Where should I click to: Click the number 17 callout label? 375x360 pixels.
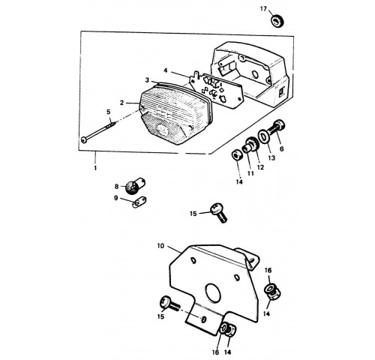[263, 9]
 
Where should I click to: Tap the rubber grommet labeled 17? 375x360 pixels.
[277, 20]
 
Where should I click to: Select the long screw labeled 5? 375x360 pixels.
[98, 131]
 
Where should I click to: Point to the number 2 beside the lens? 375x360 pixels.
[121, 103]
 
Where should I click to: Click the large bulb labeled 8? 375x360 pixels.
[135, 186]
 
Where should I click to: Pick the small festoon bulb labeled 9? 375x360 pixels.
[139, 202]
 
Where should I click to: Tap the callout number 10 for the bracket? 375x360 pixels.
[160, 246]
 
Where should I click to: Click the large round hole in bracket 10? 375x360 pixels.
[213, 293]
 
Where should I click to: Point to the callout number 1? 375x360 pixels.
[95, 168]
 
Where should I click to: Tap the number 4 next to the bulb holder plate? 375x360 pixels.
[166, 70]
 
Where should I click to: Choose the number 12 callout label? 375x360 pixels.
[260, 167]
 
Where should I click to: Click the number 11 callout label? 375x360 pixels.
[250, 173]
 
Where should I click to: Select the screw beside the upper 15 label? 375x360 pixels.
[218, 212]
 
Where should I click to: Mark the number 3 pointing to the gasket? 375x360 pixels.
[147, 80]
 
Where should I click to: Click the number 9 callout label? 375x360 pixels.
[115, 198]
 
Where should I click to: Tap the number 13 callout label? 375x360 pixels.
[271, 158]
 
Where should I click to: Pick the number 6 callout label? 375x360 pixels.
[282, 149]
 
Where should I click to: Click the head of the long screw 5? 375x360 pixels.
[84, 140]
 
